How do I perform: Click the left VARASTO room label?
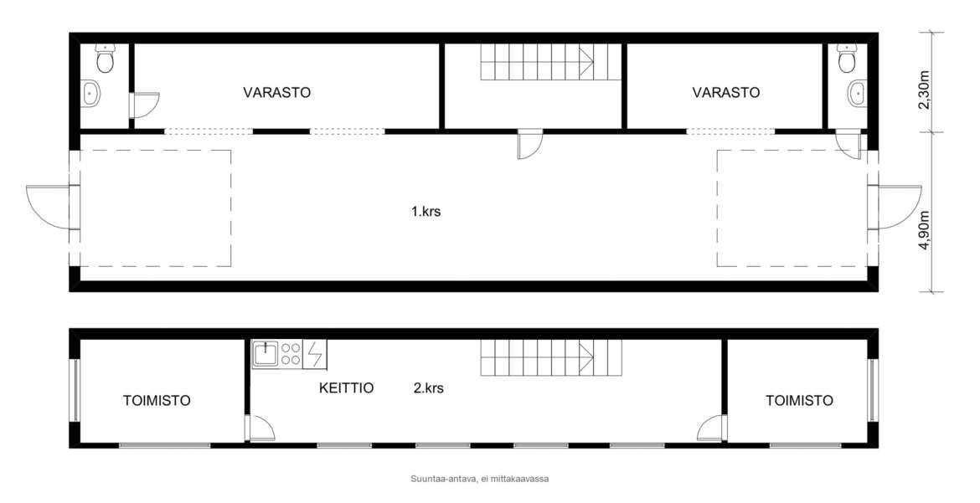click(x=277, y=92)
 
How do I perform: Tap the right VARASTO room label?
click(x=726, y=92)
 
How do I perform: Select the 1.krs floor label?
click(x=426, y=211)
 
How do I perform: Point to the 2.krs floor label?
click(x=429, y=388)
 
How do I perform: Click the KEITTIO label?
click(x=346, y=388)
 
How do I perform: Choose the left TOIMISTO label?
click(x=157, y=401)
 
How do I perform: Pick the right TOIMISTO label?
click(x=799, y=401)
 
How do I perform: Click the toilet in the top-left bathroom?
click(x=105, y=58)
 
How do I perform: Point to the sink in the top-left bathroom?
click(x=91, y=93)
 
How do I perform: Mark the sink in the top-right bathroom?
click(x=857, y=93)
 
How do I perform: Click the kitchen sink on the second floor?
click(x=266, y=354)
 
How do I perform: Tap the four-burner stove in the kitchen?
click(x=291, y=354)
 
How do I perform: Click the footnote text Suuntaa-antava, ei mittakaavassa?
click(x=480, y=480)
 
